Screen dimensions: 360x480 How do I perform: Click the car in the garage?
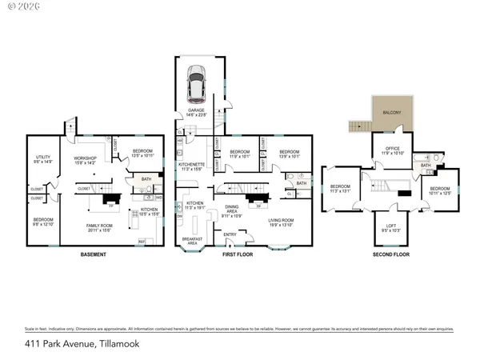(196, 80)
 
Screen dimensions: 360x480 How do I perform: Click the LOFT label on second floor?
(391, 228)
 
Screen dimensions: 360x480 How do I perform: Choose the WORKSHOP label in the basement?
(84, 159)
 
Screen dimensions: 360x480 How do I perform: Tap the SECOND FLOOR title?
(391, 255)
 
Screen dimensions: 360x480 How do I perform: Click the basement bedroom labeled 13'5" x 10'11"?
(143, 154)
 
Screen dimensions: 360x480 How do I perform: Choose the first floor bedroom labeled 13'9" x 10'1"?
(289, 154)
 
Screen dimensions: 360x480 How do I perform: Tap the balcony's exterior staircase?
(357, 126)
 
